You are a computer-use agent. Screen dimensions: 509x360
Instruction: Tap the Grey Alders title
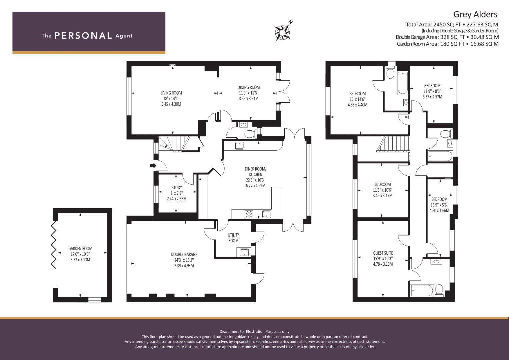point(475,14)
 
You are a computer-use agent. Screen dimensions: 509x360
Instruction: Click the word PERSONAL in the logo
point(83,36)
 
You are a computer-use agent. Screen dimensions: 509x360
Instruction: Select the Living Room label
point(171,93)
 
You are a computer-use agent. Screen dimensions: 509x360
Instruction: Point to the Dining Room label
point(249,87)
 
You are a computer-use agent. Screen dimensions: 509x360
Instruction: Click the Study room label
point(177,187)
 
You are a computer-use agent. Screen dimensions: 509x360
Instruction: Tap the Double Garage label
point(184,255)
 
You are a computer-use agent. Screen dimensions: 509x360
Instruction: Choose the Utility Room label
point(233,238)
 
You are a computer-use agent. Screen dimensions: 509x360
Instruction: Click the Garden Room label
point(80,249)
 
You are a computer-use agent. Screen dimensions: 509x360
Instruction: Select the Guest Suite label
point(383,253)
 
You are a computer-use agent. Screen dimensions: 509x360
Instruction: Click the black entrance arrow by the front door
point(153,166)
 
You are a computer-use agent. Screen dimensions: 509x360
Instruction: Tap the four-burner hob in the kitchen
point(249,214)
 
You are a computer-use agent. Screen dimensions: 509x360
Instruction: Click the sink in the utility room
point(244,252)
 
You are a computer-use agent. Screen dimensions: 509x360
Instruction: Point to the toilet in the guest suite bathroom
point(439,290)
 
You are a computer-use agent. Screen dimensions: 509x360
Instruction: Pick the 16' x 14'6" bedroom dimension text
point(358,99)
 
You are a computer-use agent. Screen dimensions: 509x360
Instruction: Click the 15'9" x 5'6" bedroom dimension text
point(439,205)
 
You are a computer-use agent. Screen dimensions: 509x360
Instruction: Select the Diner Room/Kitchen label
point(256,172)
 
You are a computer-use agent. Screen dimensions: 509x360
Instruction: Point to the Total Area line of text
point(452,25)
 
